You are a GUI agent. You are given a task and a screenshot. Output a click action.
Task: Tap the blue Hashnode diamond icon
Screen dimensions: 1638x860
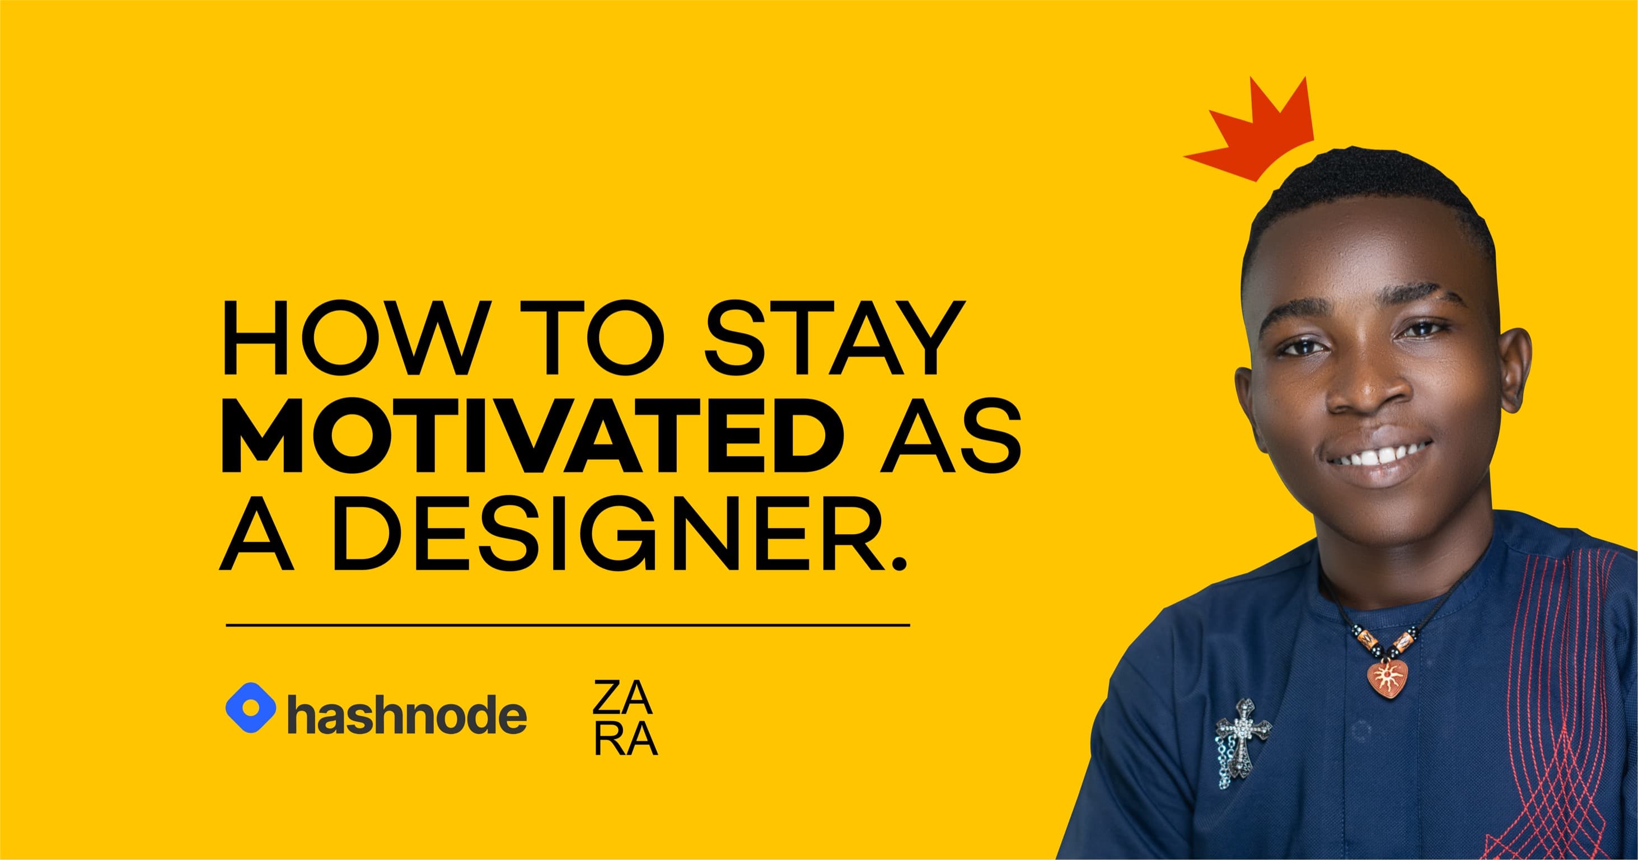[251, 707]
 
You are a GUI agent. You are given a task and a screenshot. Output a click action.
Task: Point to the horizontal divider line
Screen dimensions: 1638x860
[568, 625]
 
